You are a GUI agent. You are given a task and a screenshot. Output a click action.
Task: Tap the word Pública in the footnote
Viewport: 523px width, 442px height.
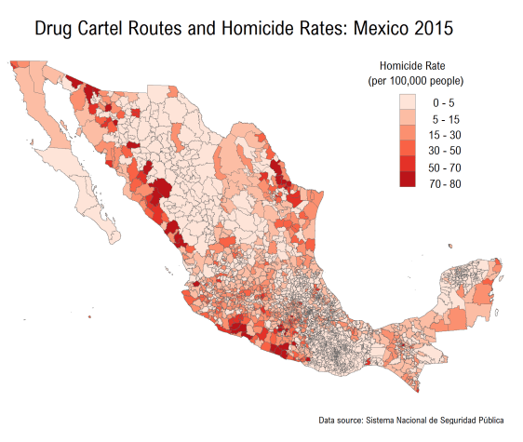495,420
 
